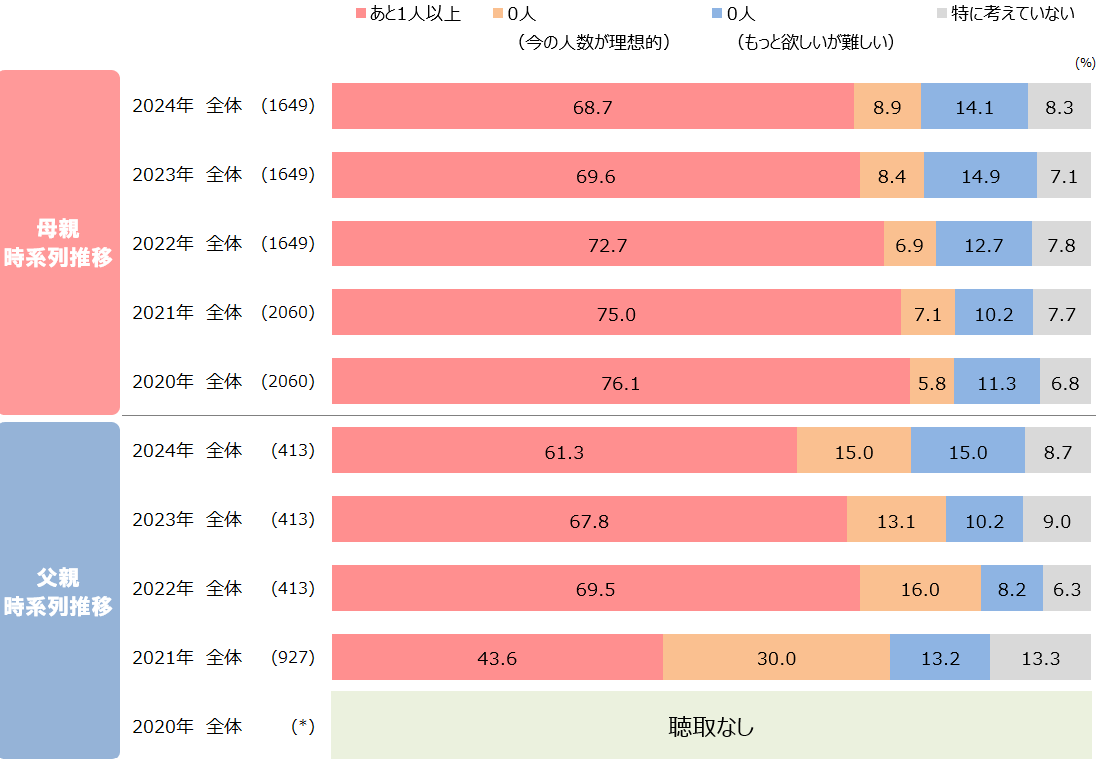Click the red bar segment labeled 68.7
[592, 106]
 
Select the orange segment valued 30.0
[776, 658]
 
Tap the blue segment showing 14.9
[980, 175]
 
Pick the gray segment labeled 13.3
[1040, 658]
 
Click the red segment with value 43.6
[497, 658]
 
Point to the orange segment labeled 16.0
[920, 589]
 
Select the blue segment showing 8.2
[1012, 589]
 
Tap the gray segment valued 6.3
[1067, 589]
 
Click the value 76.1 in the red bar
[620, 383]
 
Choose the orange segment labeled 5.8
[932, 382]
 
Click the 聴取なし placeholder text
[711, 726]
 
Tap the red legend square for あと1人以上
[362, 15]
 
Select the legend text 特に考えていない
[1013, 14]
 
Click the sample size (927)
[293, 658]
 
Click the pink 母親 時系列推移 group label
[59, 243]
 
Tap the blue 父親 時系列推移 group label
[59, 591]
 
